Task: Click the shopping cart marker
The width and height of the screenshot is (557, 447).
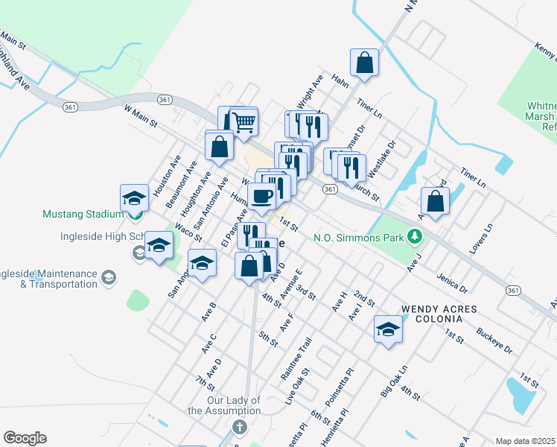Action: click(244, 121)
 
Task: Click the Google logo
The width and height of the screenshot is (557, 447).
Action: click(25, 438)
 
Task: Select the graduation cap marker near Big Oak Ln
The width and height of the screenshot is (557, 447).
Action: click(388, 329)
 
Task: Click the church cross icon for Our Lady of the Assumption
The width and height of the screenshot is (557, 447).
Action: click(238, 427)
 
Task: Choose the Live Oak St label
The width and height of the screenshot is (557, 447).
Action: click(296, 386)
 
